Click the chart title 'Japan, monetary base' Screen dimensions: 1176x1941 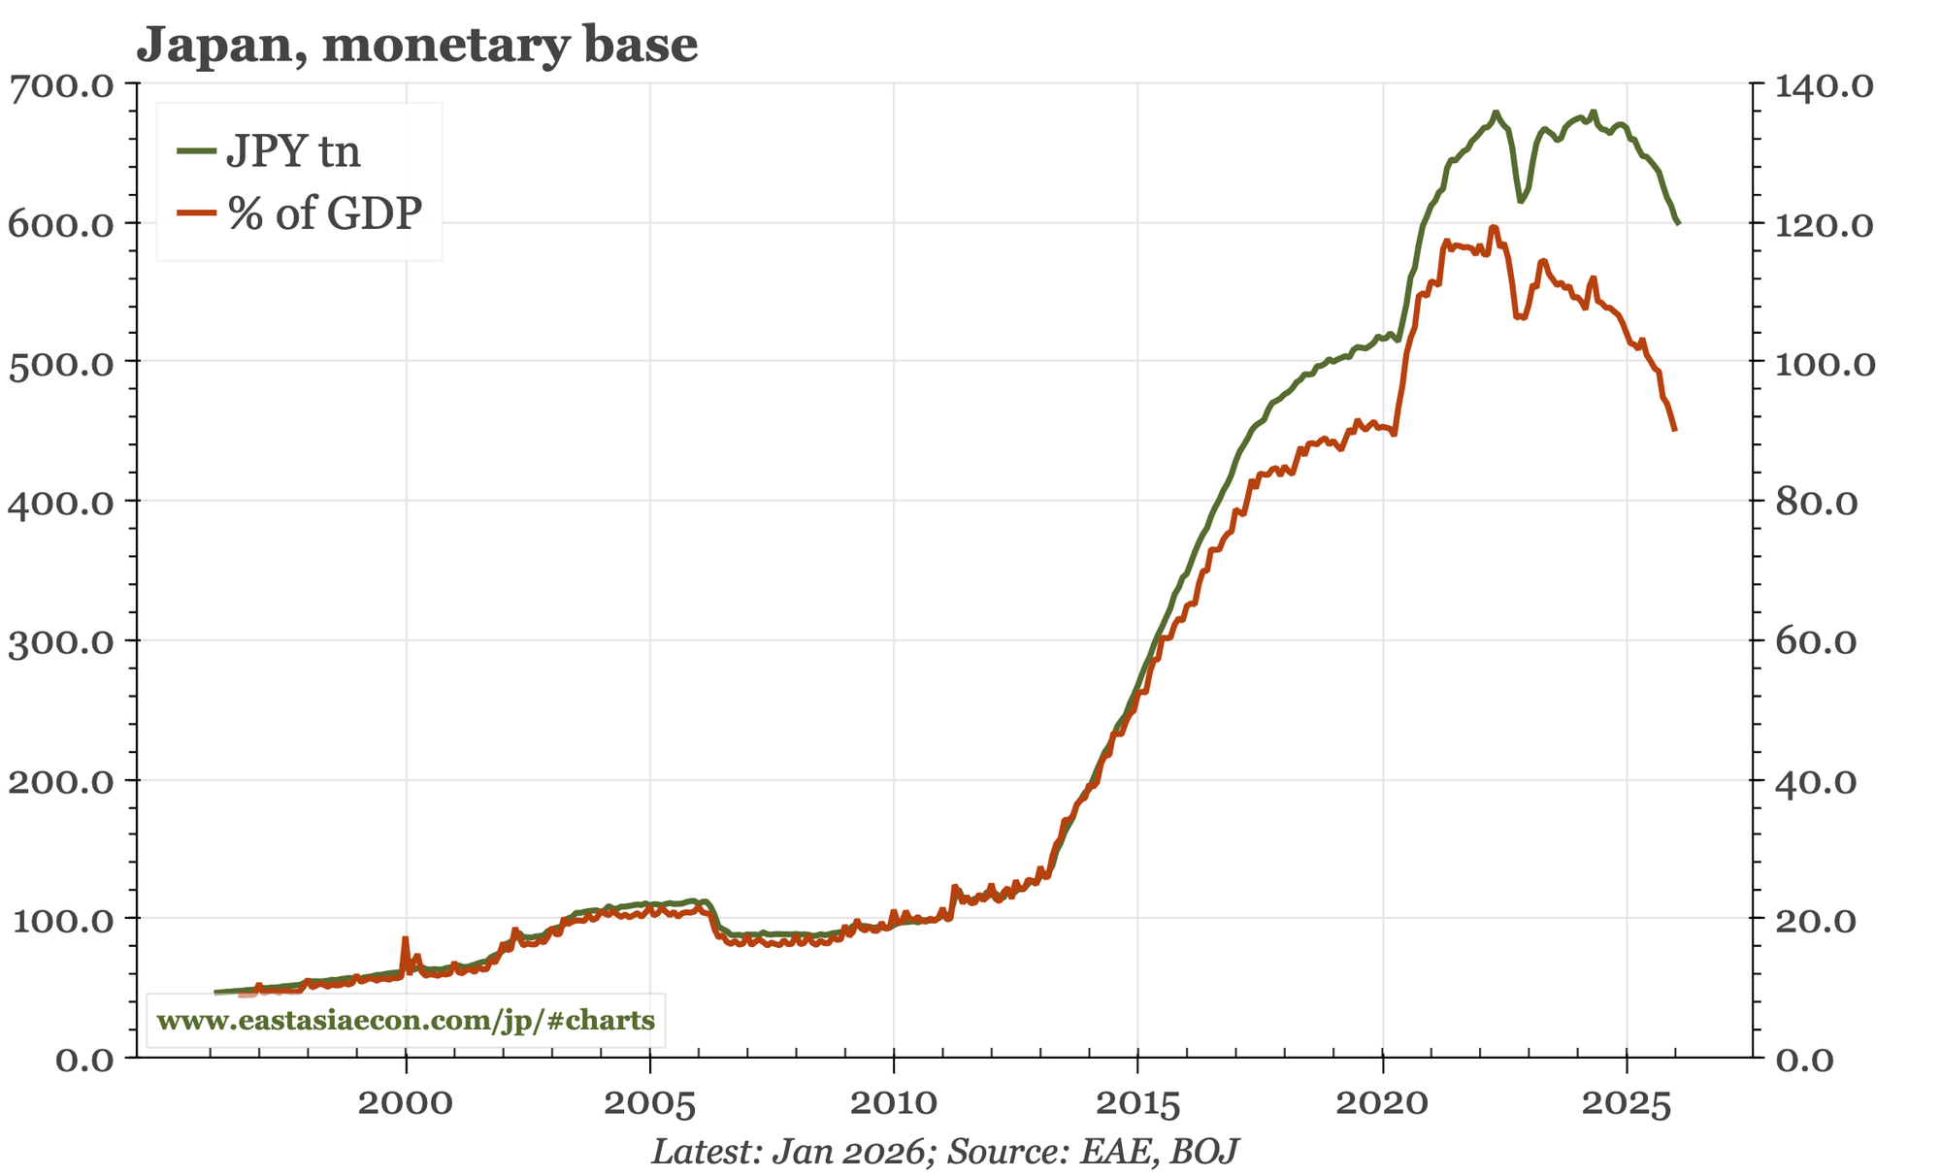tap(417, 45)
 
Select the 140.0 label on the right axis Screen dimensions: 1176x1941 tap(1816, 85)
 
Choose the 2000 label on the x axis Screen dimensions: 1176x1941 tap(406, 1103)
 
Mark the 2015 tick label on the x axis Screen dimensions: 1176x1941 tap(1137, 1103)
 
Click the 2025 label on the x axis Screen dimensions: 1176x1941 tap(1627, 1103)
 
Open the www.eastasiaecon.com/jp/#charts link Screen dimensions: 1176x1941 tap(406, 1021)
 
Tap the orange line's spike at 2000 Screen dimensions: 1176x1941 tap(405, 938)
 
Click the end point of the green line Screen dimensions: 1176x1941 tap(1678, 223)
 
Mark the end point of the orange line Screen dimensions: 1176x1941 tap(1675, 430)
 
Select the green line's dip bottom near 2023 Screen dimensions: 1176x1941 tap(1520, 201)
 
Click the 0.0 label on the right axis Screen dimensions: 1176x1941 tap(1803, 1059)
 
